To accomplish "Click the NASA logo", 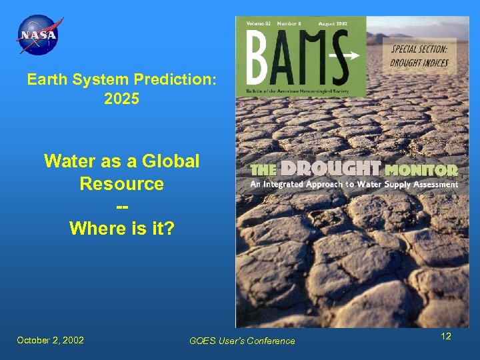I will pos(39,35).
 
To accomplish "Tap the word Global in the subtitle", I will pos(169,161).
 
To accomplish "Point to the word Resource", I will pos(121,183).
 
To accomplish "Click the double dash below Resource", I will pos(121,206).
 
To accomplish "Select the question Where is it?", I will pos(121,229).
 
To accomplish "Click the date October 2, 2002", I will pos(51,340).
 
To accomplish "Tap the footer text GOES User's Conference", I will pos(242,341).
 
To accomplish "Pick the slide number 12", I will pos(446,336).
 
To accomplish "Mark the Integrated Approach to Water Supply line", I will pos(354,184).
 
